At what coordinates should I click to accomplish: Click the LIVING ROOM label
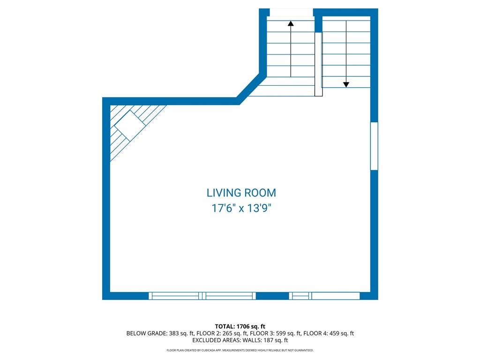(x=241, y=193)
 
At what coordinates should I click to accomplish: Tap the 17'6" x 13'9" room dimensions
(x=241, y=209)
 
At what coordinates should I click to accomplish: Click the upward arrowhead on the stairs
(x=291, y=23)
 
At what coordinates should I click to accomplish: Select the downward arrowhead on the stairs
(x=346, y=85)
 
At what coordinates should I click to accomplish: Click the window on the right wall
(x=374, y=146)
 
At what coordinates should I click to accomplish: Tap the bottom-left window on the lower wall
(x=202, y=296)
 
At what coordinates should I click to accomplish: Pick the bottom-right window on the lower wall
(x=324, y=296)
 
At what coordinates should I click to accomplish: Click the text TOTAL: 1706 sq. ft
(x=240, y=326)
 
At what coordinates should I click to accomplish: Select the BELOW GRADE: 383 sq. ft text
(x=160, y=333)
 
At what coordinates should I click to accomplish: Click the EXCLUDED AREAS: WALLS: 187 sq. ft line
(x=240, y=340)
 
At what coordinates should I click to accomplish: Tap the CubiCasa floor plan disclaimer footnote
(x=240, y=350)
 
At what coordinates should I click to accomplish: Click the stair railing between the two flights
(x=319, y=64)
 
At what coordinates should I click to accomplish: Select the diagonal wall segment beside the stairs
(x=251, y=89)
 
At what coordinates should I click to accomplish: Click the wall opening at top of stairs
(x=291, y=12)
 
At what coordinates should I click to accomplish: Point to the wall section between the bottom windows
(x=272, y=296)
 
